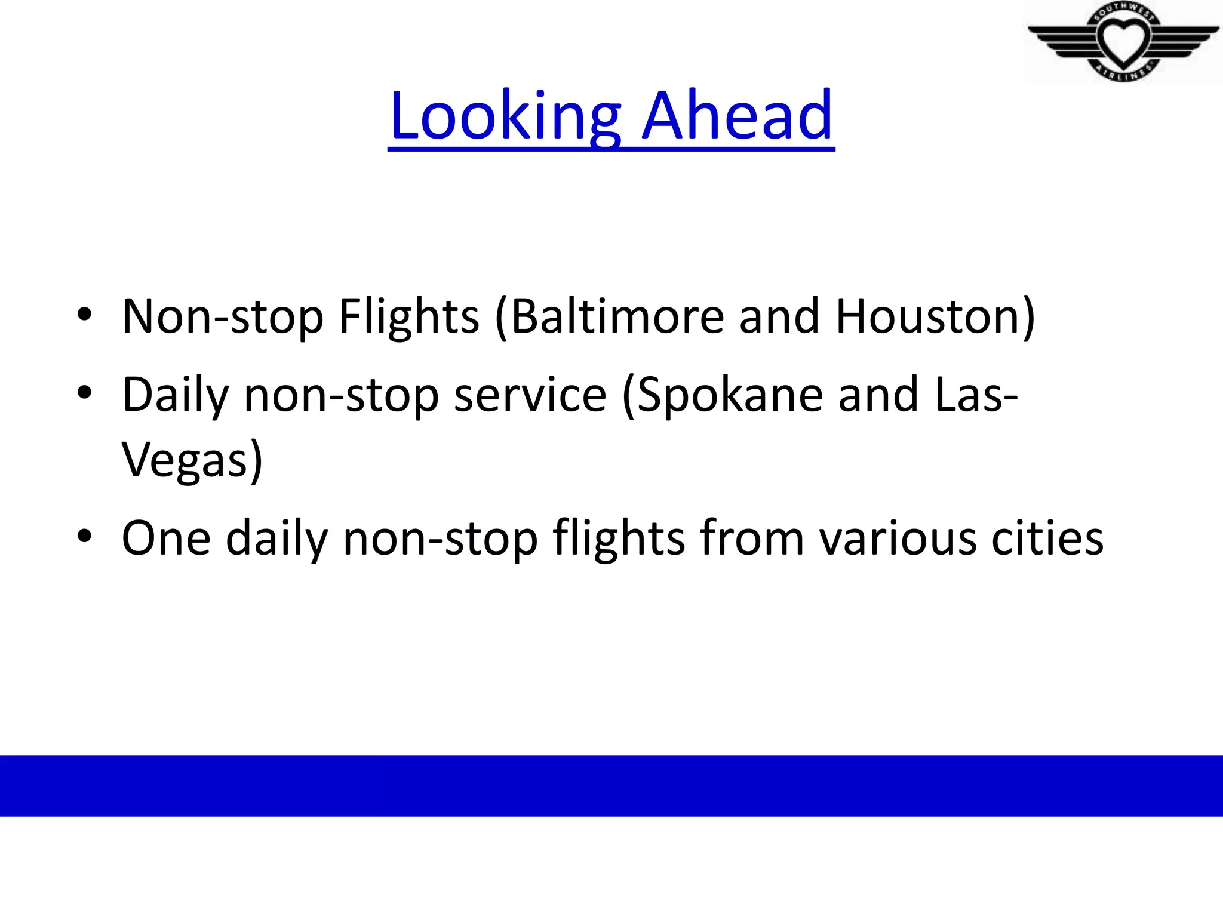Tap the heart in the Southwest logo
click(x=1123, y=41)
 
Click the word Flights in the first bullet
click(x=409, y=316)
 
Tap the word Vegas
click(x=185, y=460)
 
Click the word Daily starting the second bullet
click(x=176, y=395)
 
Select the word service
click(x=530, y=395)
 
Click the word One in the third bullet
click(x=166, y=538)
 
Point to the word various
click(x=898, y=538)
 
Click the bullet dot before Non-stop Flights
click(x=84, y=315)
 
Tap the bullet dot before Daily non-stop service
click(x=84, y=393)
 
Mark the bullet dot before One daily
click(x=84, y=536)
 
